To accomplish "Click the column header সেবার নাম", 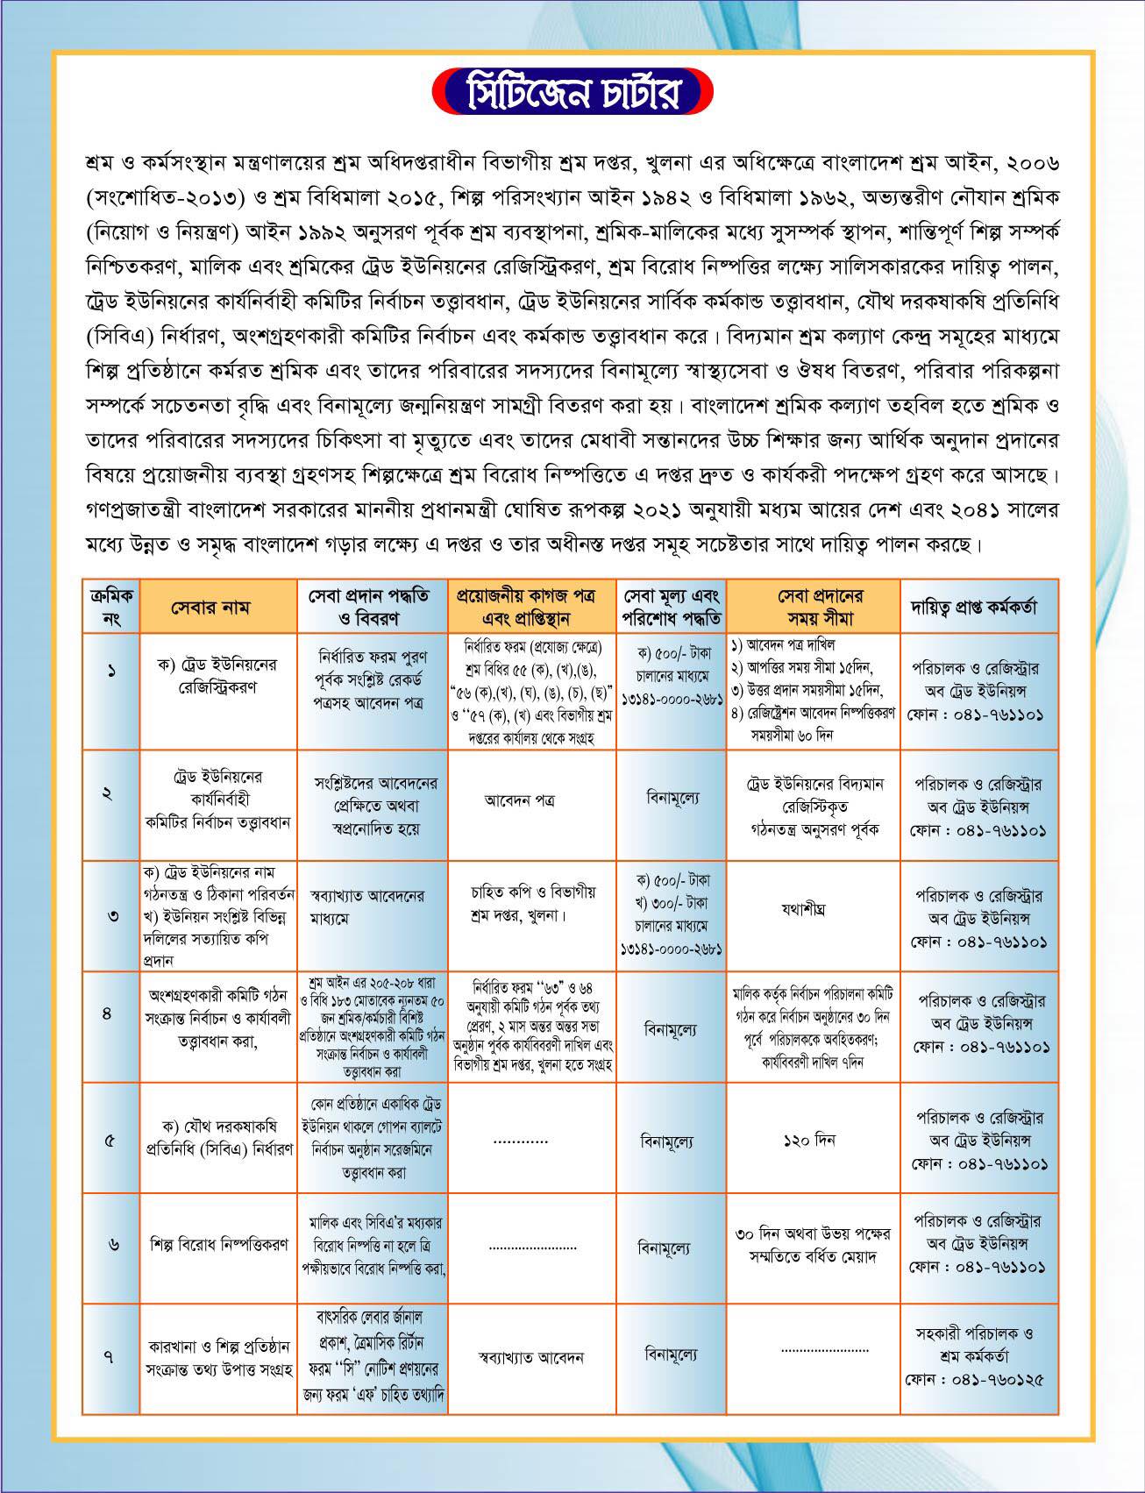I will [x=217, y=607].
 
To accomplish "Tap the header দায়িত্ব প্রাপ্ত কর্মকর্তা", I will [x=978, y=607].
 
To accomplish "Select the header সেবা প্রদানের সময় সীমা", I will [x=814, y=607].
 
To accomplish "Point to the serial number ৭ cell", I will [x=110, y=1357].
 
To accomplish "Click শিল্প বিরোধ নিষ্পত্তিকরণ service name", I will [x=218, y=1245].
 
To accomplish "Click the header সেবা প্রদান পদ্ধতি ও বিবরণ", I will [x=373, y=607].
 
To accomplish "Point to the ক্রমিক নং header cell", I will [x=111, y=607].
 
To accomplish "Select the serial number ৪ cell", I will [x=108, y=1013].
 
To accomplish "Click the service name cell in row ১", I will [x=217, y=676].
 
